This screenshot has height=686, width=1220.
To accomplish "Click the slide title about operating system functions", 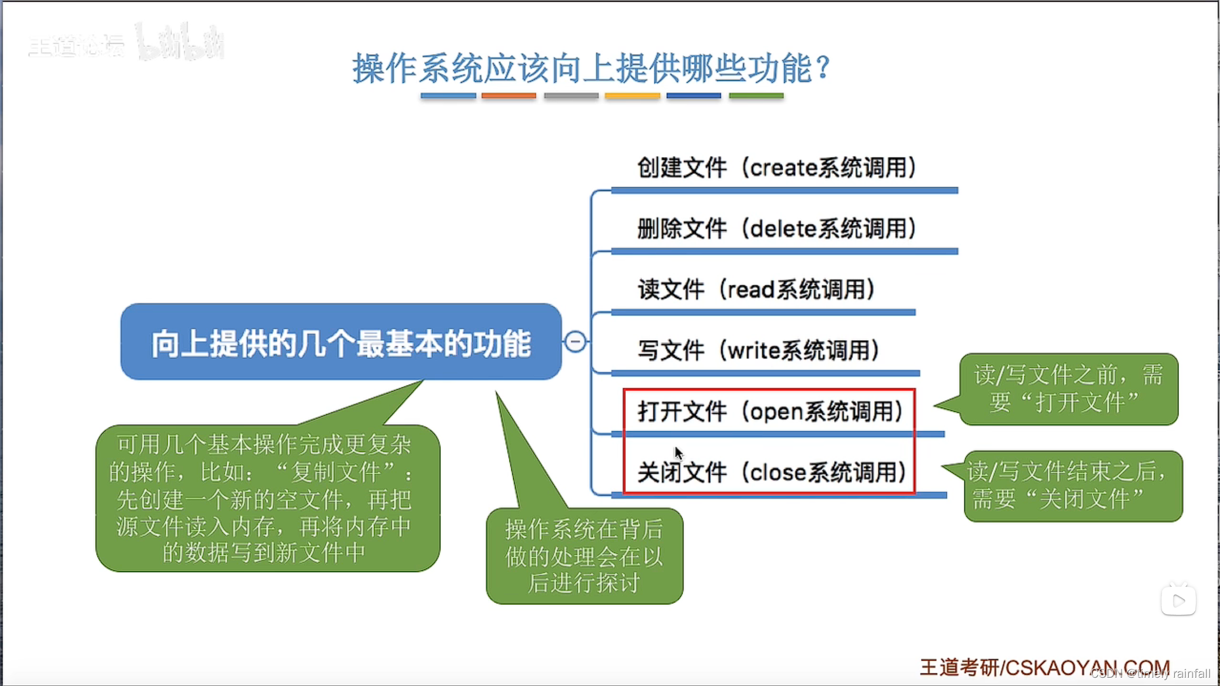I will click(x=591, y=68).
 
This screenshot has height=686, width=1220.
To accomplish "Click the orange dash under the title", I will click(x=509, y=96).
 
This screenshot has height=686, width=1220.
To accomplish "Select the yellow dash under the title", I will click(x=632, y=96).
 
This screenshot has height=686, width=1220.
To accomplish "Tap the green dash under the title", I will click(x=756, y=96).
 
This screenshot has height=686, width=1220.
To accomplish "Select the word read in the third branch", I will click(x=751, y=290).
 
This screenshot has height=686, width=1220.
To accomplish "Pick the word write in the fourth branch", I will click(x=753, y=350).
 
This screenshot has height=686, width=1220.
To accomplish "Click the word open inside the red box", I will click(x=777, y=412).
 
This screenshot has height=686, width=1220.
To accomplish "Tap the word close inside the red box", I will click(x=778, y=472).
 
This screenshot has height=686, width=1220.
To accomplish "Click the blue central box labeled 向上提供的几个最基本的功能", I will click(x=341, y=342).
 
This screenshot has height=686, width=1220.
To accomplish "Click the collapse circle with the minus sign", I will click(x=575, y=341).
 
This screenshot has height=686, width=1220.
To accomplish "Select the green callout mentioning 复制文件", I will click(x=267, y=498).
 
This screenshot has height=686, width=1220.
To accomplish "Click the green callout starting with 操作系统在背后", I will click(x=584, y=556).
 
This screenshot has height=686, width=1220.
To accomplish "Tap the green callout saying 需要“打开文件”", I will click(x=1068, y=388).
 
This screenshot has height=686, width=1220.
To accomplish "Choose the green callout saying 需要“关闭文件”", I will click(x=1073, y=486).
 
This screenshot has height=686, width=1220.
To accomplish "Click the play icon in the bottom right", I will click(x=1178, y=601).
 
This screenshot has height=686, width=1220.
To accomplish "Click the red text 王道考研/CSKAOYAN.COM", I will click(x=1044, y=668).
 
